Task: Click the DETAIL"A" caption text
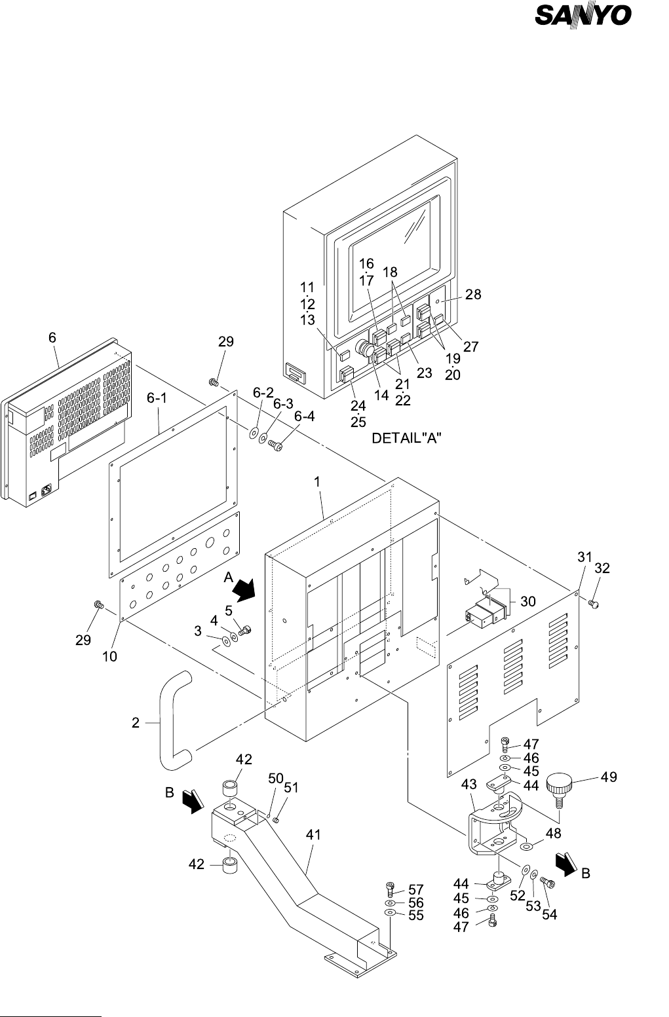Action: pos(406,439)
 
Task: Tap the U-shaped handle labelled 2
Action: pos(174,720)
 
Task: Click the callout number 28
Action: pos(473,295)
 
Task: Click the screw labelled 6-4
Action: pos(276,447)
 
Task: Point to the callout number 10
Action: pos(109,656)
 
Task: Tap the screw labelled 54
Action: pos(548,884)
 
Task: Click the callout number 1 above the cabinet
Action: pos(316,481)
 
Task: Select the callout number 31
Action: pos(584,557)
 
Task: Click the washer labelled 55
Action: pos(389,912)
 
